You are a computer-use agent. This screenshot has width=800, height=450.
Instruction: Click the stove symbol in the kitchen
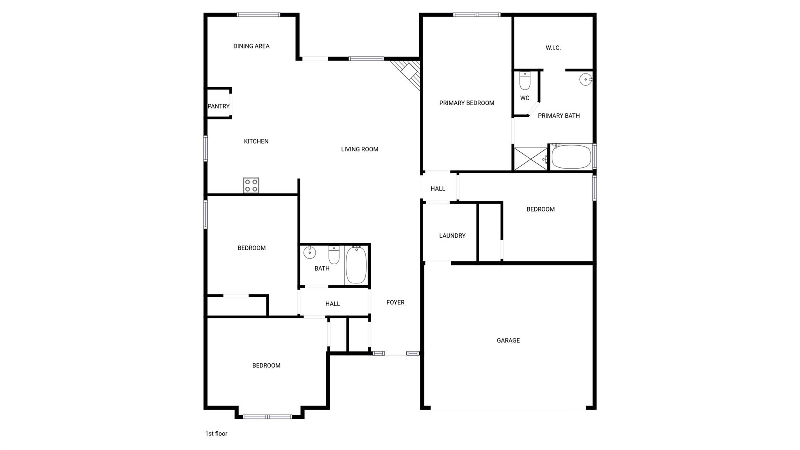[251, 185]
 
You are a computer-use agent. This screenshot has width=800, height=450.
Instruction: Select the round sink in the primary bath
[586, 80]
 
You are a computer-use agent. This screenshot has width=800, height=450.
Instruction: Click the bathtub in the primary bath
[571, 157]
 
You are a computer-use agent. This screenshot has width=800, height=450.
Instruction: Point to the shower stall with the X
[530, 159]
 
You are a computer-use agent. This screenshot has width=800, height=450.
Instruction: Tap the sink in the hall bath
[310, 253]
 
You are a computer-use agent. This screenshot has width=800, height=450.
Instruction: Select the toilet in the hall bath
[334, 255]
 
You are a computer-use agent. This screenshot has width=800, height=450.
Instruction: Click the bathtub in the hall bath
[356, 265]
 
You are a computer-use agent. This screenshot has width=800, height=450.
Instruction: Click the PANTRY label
[219, 106]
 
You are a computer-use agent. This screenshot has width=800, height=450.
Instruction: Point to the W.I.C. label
[553, 48]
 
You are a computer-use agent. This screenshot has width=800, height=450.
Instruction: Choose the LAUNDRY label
[452, 236]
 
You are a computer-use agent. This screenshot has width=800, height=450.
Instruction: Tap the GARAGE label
[508, 341]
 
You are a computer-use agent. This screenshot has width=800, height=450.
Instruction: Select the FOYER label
[395, 302]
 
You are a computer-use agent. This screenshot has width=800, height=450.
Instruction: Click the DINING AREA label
[251, 46]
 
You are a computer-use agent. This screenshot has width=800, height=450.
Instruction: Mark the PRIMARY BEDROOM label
[467, 103]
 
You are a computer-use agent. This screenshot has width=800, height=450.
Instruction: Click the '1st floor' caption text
[216, 434]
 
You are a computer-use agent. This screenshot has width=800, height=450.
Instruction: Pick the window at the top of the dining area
[258, 15]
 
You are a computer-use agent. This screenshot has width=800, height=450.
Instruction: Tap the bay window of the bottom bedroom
[268, 417]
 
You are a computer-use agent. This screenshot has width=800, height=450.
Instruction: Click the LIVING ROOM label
[359, 149]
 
